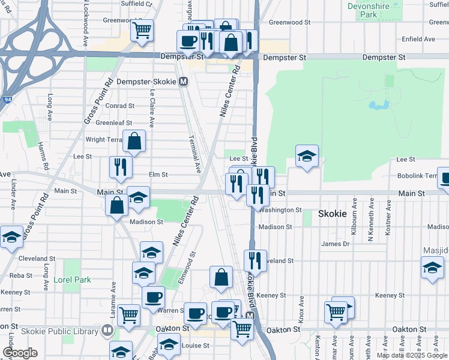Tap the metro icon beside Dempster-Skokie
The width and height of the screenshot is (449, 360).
(182, 82)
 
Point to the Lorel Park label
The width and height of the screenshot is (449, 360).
(71, 280)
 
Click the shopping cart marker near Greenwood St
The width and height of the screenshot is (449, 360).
(142, 29)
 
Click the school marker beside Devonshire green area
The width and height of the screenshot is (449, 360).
(307, 157)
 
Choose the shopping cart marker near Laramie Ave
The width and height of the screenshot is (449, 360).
(129, 314)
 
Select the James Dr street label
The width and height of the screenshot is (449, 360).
(335, 244)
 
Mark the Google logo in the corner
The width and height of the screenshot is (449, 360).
(20, 353)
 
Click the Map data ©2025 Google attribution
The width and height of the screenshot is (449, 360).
(411, 355)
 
